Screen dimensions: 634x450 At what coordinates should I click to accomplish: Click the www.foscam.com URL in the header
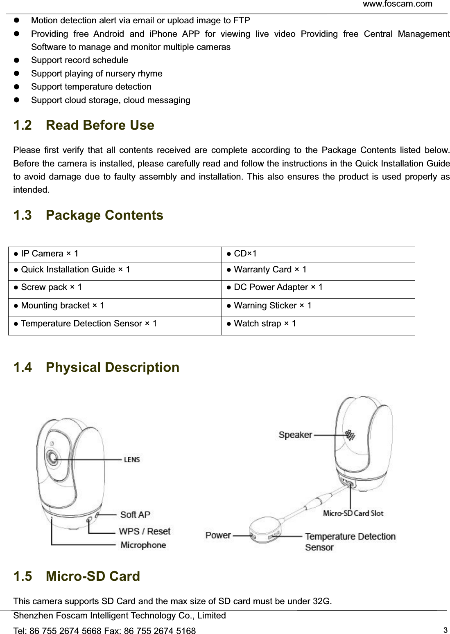point(397,4)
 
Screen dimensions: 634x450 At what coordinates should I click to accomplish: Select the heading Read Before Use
point(100,125)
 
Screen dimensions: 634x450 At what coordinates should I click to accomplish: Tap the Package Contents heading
point(104,215)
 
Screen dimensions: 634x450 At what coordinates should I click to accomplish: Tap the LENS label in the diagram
point(132,460)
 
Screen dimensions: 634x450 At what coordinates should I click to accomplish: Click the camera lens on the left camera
point(52,457)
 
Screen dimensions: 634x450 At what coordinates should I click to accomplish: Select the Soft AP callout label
point(135,515)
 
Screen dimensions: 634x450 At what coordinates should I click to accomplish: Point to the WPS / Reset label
point(145,531)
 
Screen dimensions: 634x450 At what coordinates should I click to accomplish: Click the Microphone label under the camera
point(143,545)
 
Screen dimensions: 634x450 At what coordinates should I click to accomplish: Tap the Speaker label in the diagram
point(295,435)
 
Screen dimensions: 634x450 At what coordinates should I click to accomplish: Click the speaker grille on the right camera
point(350,435)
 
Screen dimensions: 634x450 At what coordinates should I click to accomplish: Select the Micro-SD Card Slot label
point(353,513)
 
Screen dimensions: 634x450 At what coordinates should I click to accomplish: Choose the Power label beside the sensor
point(218,535)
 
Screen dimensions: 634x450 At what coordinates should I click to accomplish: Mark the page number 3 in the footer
point(445,630)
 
